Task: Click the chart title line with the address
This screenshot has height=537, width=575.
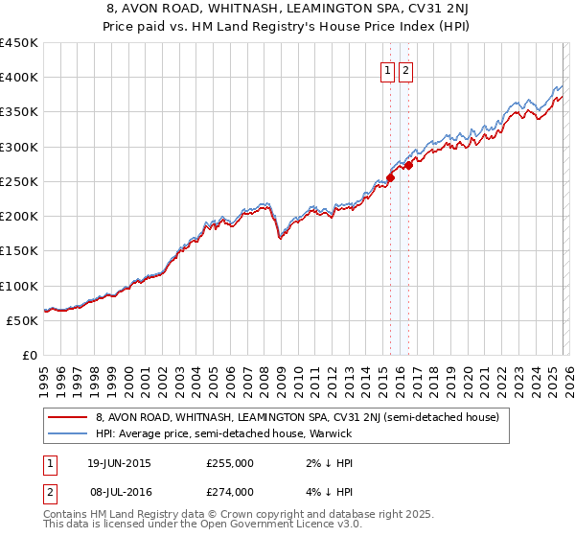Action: coord(287,9)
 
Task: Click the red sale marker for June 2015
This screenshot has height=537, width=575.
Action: coord(391,177)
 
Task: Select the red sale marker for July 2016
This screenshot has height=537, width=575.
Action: coord(408,165)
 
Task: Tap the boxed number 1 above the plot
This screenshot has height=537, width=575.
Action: coord(388,70)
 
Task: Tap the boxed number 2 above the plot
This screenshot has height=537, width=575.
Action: coord(405,70)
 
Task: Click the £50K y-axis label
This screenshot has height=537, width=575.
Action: coord(23,320)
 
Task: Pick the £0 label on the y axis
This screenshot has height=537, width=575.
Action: coord(31,355)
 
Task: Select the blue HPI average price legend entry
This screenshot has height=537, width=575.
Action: coord(224,433)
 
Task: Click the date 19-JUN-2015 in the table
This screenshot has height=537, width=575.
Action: coord(119,463)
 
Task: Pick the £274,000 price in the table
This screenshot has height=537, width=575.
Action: coord(230,492)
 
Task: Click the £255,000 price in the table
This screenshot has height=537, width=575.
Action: coord(230,463)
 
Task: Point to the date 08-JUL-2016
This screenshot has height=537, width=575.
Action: coord(119,492)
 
